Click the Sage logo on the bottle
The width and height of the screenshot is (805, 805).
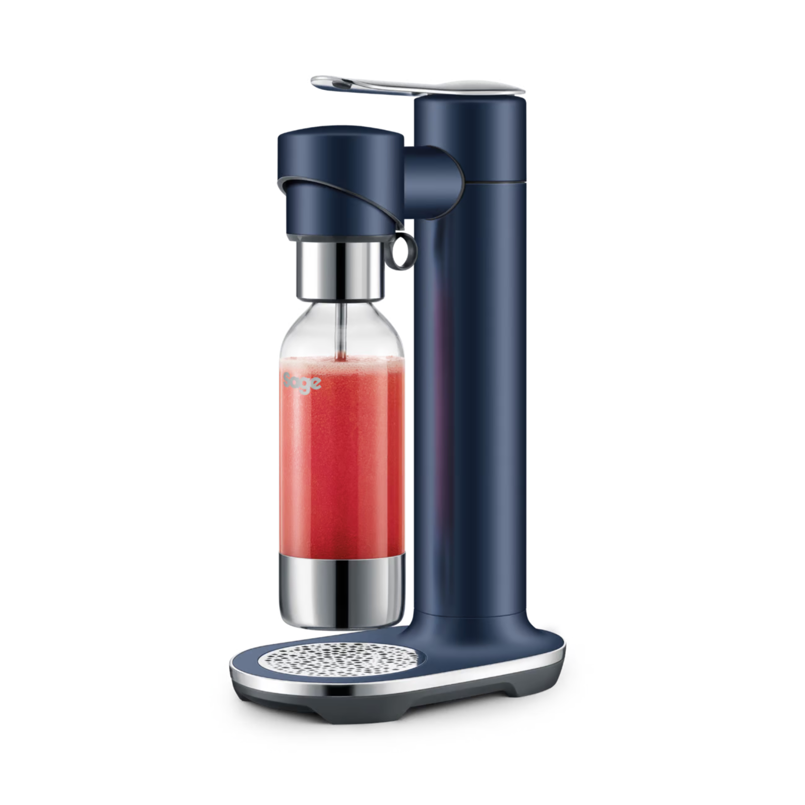[x=302, y=382]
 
